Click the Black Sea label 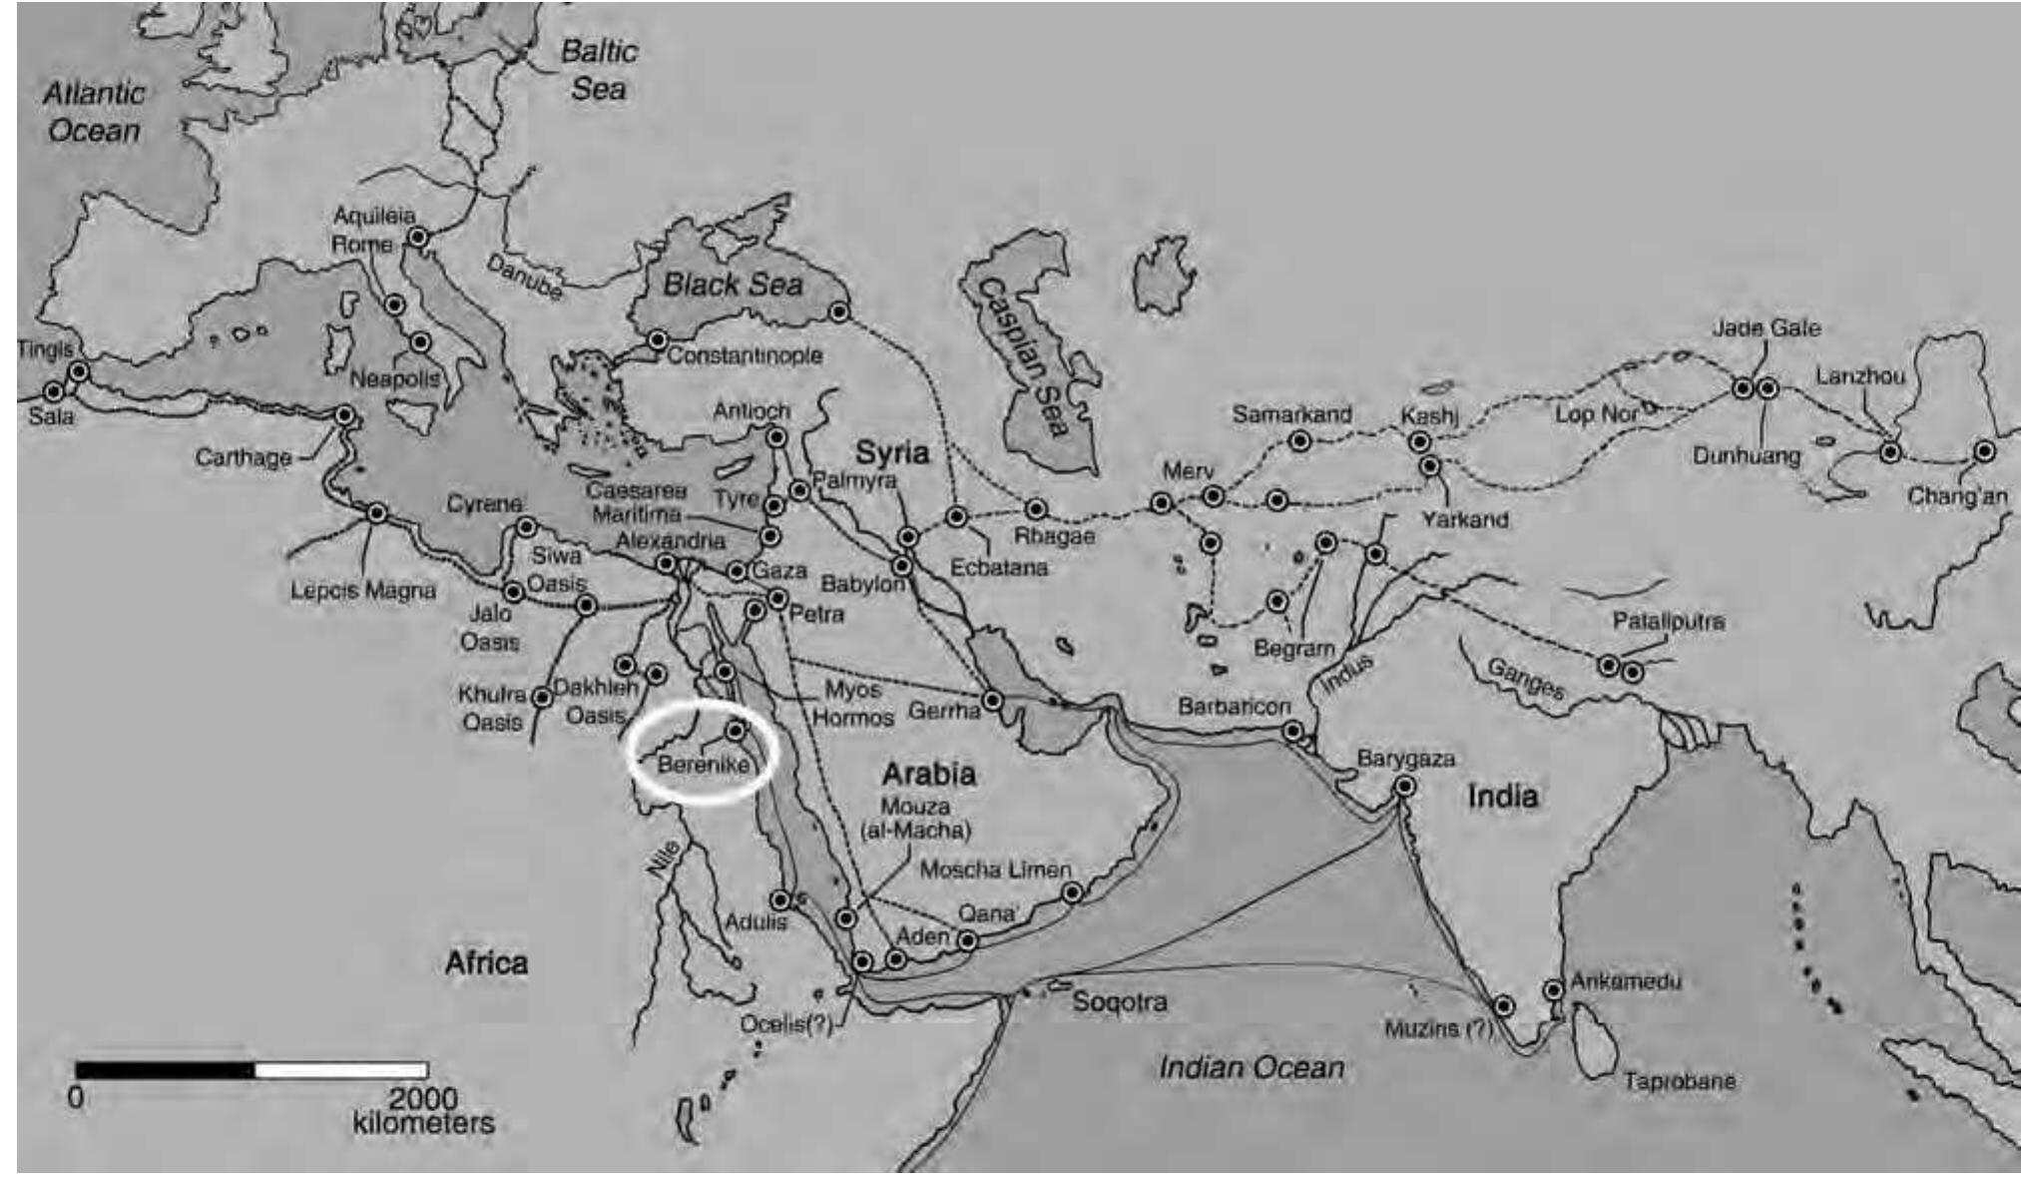(733, 285)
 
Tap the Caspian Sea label (1022, 356)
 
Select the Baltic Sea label (598, 69)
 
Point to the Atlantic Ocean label (94, 112)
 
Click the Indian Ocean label (1251, 1067)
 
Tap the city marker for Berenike (736, 730)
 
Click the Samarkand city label (1291, 413)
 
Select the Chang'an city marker (1984, 451)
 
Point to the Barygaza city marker (1404, 786)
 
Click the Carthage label (244, 457)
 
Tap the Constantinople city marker (657, 340)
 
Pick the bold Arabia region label (928, 774)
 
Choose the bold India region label (1502, 796)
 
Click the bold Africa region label (486, 962)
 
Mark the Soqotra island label (1120, 1001)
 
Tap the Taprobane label (1679, 1080)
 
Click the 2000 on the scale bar (423, 1098)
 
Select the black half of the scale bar (165, 1070)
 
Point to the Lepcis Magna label (363, 591)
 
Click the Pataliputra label (1668, 621)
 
